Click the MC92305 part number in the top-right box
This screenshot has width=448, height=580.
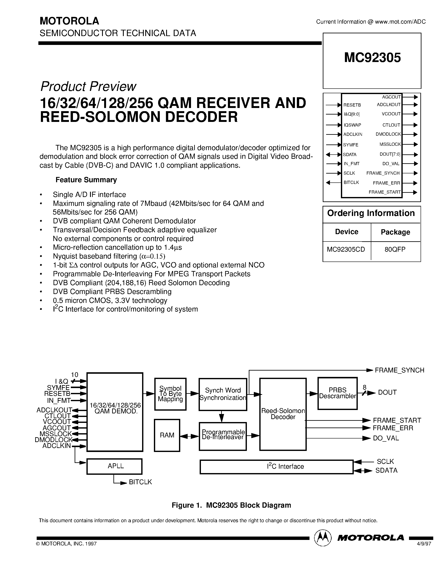click(372, 58)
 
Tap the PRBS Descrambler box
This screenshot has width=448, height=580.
click(337, 393)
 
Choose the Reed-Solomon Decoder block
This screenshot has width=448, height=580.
click(283, 414)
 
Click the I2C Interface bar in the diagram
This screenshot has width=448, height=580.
click(276, 467)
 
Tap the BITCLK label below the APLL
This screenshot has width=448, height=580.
click(140, 482)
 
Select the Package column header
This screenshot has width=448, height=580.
click(395, 232)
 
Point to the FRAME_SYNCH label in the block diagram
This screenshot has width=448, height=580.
click(399, 370)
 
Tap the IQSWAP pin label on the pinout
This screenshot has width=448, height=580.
click(352, 125)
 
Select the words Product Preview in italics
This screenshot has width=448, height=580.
click(88, 86)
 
